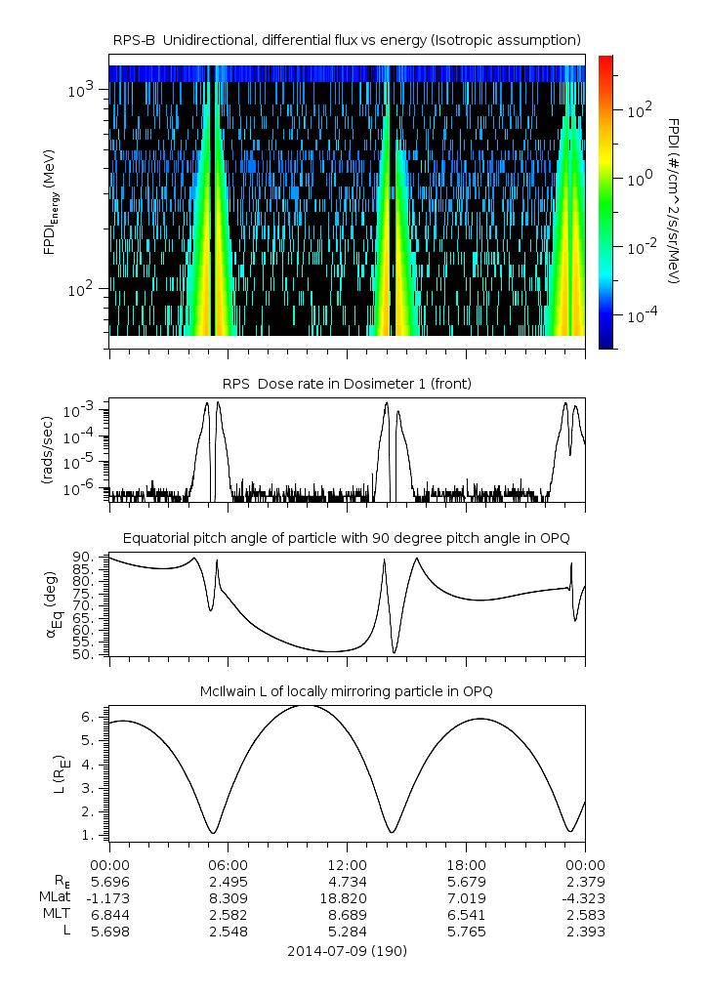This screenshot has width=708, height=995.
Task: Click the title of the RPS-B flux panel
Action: [347, 39]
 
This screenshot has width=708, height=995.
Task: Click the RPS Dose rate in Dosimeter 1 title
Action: [347, 384]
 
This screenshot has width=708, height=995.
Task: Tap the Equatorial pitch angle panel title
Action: [347, 538]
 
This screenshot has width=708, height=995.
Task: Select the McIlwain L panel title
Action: [347, 691]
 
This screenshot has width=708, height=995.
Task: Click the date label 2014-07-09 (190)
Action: [347, 950]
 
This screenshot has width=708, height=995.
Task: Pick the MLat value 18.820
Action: [347, 897]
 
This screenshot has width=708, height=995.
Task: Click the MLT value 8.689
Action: [347, 914]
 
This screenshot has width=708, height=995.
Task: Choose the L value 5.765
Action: [466, 931]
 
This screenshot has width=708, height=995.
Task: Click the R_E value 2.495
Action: [228, 881]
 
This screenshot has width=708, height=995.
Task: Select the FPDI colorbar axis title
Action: [675, 200]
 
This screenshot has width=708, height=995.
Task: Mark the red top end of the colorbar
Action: [605, 60]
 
